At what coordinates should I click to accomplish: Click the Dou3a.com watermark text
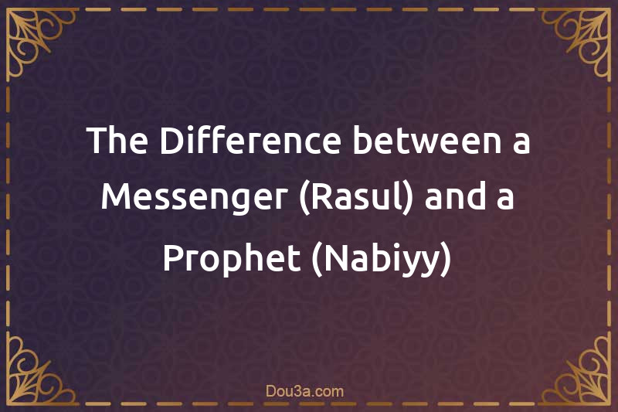[309, 392]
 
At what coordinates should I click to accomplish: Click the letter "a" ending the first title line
[521, 144]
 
